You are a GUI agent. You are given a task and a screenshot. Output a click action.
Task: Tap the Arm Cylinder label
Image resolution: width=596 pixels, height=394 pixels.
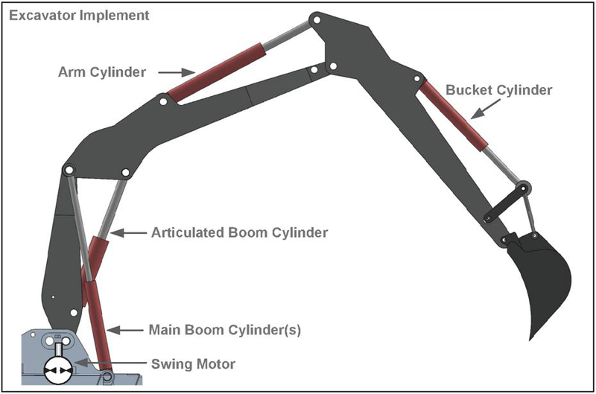[102, 72]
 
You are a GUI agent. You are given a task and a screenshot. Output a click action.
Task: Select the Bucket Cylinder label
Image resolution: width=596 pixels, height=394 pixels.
[498, 90]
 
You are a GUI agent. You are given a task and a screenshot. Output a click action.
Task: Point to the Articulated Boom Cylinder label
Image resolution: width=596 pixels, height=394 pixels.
[239, 233]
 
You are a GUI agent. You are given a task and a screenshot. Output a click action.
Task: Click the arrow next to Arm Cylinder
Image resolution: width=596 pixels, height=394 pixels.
[177, 72]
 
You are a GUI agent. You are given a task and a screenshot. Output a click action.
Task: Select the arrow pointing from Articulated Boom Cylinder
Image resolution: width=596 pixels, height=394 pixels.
[127, 233]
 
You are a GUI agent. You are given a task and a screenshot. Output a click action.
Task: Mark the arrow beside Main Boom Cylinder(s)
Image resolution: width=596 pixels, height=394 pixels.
[124, 328]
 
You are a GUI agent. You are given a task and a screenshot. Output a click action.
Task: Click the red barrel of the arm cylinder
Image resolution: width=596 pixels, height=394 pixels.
[216, 72]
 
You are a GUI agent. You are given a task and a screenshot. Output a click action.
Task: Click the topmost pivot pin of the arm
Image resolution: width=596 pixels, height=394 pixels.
[316, 18]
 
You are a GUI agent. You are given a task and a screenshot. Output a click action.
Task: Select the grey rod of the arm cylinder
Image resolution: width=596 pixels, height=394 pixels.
[287, 36]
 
